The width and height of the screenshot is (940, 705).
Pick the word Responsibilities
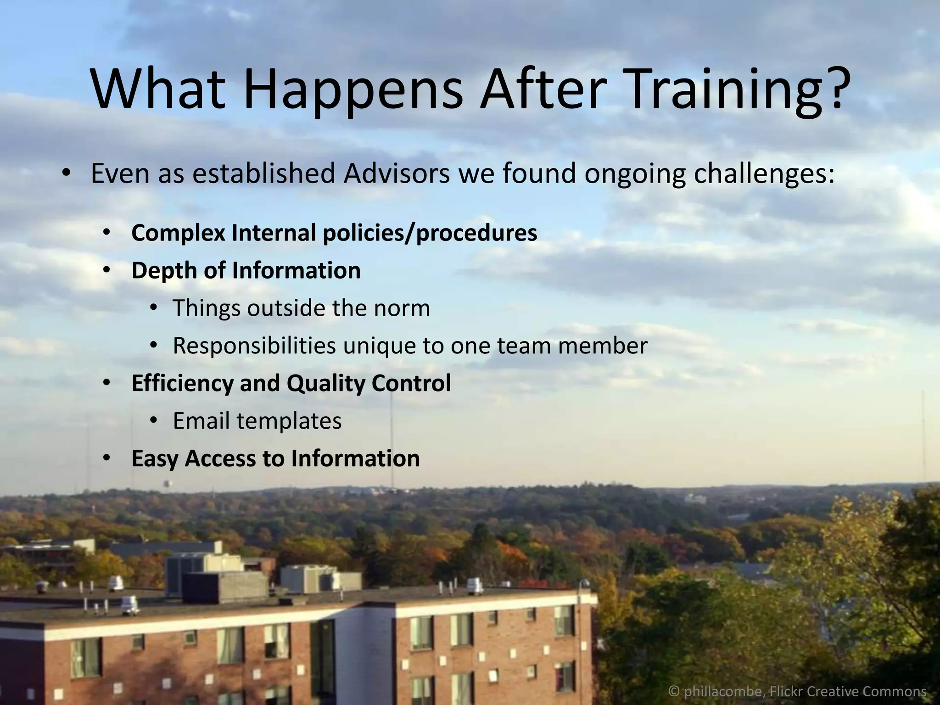click(x=254, y=346)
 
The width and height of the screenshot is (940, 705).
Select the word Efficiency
click(x=182, y=383)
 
